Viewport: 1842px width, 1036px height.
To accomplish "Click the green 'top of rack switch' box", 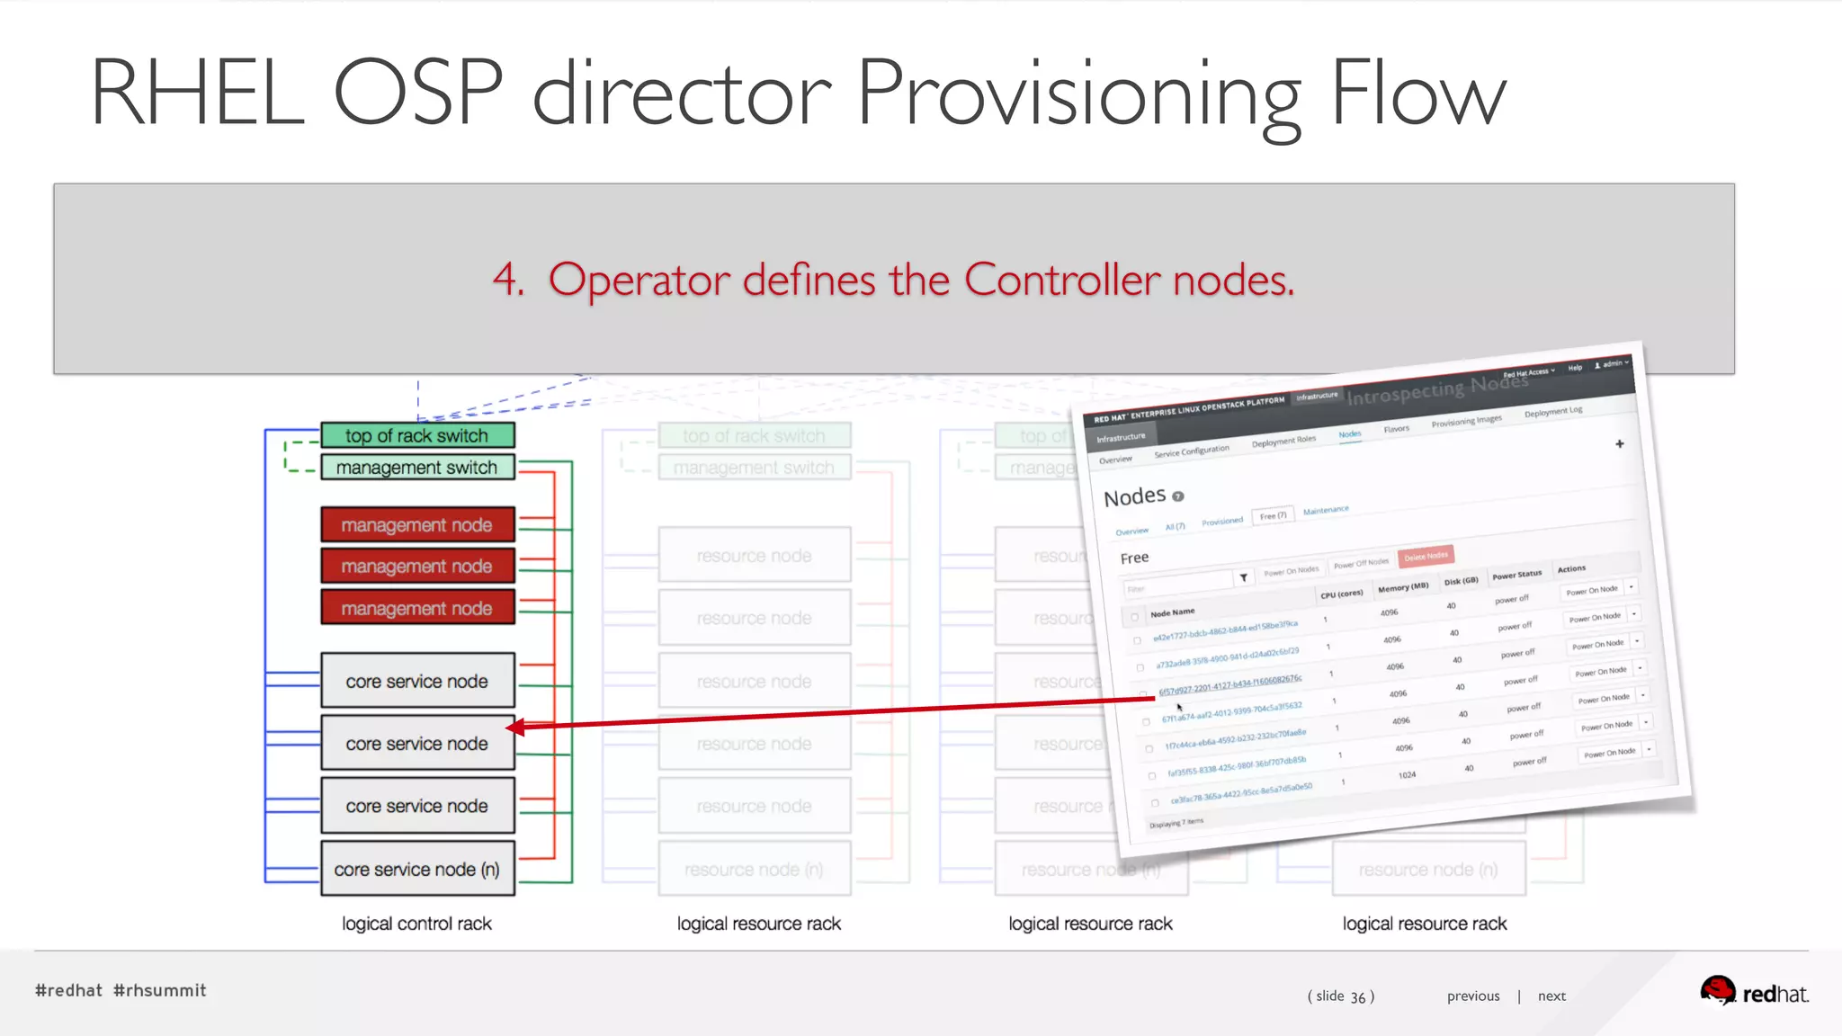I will tap(417, 436).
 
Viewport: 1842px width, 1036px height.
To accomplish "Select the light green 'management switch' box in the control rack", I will tap(417, 468).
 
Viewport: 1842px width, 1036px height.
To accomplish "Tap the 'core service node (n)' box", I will tap(417, 870).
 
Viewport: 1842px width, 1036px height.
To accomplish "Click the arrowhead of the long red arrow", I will tap(515, 727).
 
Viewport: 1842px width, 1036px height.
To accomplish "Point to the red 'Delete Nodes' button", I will tap(1426, 556).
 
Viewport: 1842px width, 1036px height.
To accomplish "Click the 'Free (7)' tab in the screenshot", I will tap(1273, 515).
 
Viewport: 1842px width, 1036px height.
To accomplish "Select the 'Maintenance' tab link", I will tap(1326, 510).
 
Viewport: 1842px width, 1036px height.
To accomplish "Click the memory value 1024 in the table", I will tap(1407, 774).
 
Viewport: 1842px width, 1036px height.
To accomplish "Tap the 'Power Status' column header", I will tap(1516, 575).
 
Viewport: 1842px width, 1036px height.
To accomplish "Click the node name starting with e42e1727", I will tap(1225, 630).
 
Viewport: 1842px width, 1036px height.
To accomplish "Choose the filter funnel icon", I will tap(1243, 577).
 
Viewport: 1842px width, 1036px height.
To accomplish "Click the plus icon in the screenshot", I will tap(1619, 444).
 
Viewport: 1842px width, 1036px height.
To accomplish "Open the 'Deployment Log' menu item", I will tap(1553, 412).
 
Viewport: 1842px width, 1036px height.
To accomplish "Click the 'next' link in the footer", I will tap(1551, 996).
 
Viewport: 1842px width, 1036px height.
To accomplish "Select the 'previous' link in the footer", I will tap(1473, 996).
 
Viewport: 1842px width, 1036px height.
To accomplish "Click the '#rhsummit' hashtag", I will tap(160, 990).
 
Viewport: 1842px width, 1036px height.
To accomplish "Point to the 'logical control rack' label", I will tap(416, 924).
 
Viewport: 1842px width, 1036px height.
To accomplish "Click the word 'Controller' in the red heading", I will tap(1062, 280).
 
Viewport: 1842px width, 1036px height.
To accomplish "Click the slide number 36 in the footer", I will tap(1358, 996).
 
